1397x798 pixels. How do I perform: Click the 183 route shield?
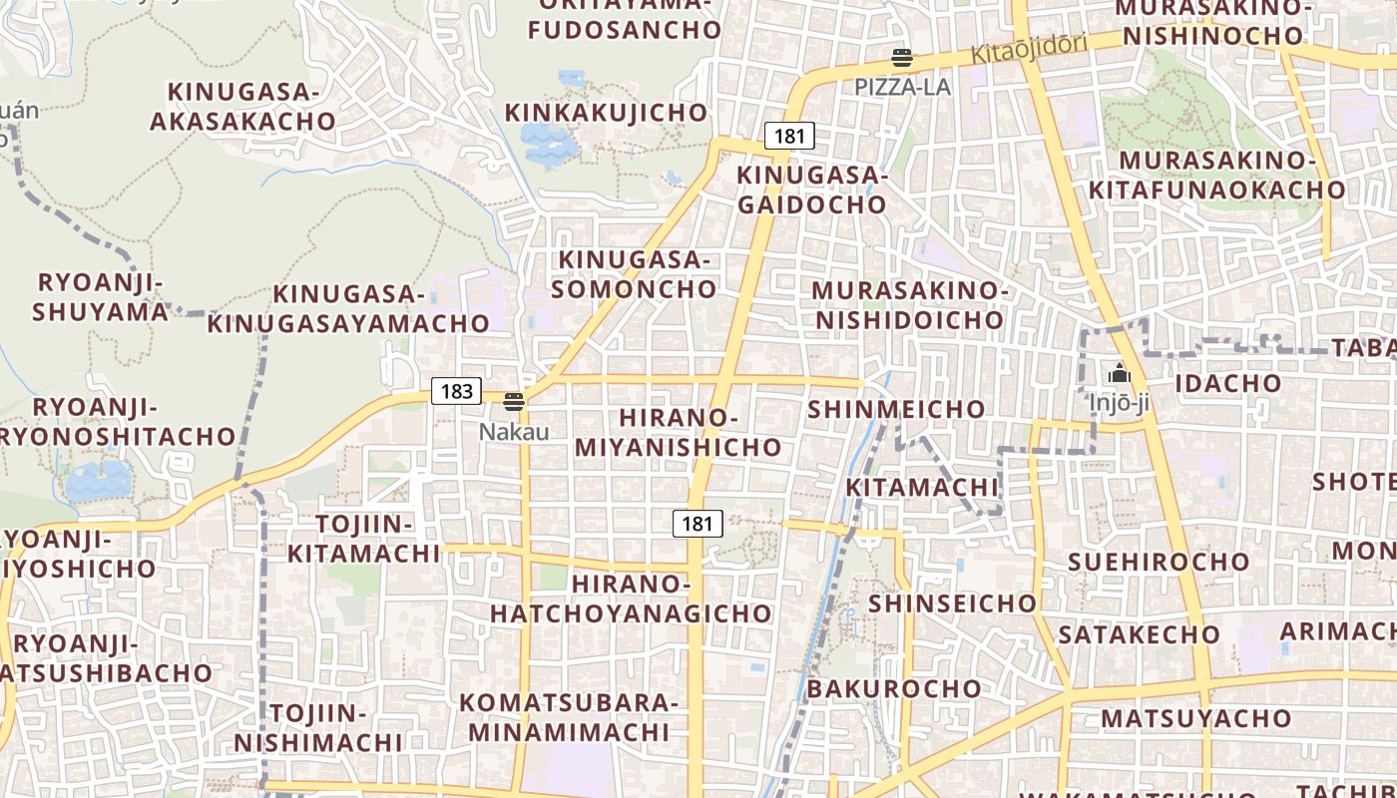(x=456, y=391)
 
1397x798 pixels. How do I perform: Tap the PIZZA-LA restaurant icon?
(x=902, y=58)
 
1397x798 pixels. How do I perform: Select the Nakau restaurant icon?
(x=514, y=402)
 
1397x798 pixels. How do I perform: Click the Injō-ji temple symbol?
(x=1120, y=374)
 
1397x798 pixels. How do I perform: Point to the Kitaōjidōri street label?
(x=1031, y=49)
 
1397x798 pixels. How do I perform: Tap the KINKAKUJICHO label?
(x=607, y=113)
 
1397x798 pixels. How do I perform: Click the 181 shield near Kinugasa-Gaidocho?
(x=789, y=136)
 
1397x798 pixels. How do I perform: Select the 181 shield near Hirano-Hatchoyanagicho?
(x=698, y=523)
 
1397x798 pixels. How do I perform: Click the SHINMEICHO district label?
(x=896, y=409)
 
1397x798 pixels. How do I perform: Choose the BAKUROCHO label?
(x=894, y=689)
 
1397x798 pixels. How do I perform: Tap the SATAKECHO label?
(x=1139, y=634)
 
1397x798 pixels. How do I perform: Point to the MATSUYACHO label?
(x=1182, y=718)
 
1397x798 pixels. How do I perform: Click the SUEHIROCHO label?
(x=1159, y=562)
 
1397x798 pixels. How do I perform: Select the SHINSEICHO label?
(x=953, y=603)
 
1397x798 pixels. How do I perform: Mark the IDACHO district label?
(x=1228, y=383)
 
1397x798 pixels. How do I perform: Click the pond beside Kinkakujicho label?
(x=549, y=145)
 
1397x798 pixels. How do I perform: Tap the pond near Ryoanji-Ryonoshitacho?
(x=98, y=480)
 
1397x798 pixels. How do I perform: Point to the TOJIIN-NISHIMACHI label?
(x=318, y=728)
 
